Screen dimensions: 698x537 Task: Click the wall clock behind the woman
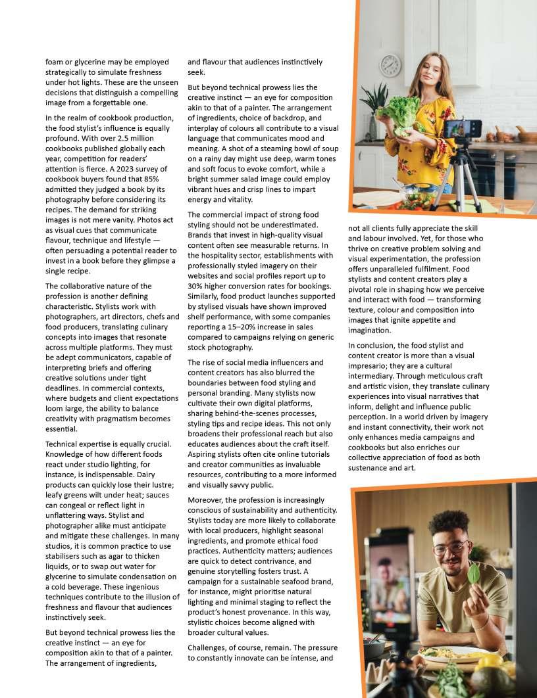[x=390, y=65]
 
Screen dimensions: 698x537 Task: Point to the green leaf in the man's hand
[x=473, y=574]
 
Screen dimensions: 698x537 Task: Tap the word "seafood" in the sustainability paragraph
[x=286, y=582]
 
